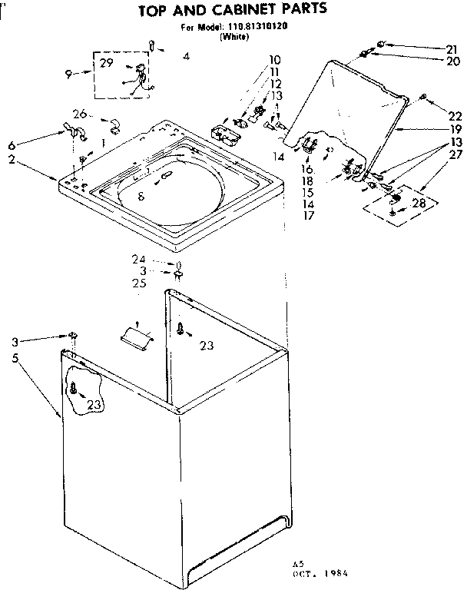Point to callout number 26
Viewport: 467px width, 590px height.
click(x=80, y=114)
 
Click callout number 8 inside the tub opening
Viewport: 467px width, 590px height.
click(x=141, y=197)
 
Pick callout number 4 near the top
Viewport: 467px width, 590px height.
click(x=187, y=56)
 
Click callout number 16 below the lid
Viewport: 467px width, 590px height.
click(x=307, y=169)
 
